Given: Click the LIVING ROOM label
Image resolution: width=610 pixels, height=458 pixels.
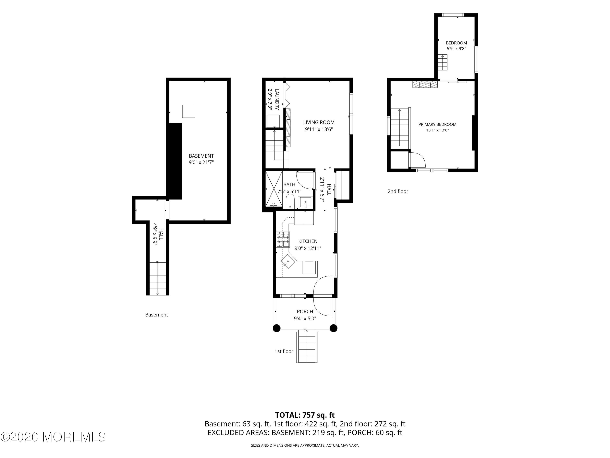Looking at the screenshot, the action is tap(319, 122).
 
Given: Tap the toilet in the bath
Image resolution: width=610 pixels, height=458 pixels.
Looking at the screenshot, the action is tap(290, 201).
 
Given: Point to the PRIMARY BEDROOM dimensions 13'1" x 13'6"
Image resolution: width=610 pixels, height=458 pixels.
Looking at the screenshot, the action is tap(437, 130).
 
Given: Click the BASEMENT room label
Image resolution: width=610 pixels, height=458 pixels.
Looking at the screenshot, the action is tap(201, 156).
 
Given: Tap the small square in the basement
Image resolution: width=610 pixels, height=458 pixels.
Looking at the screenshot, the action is tap(189, 111).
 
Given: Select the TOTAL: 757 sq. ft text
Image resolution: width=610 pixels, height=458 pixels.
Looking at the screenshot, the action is tap(305, 415).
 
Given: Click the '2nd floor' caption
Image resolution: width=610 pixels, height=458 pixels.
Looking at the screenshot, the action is tap(398, 191).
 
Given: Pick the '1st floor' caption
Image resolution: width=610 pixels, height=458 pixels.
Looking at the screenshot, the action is tap(284, 351).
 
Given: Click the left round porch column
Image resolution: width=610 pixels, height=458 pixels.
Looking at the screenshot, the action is tap(277, 328).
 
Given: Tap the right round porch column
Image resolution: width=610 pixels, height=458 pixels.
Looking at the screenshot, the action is tap(334, 328).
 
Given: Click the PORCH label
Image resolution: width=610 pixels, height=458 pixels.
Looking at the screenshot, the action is tap(305, 311).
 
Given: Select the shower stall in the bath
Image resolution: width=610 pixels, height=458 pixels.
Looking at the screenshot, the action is tap(274, 189).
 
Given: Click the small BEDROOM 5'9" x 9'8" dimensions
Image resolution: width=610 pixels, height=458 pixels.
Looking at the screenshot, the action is tap(456, 49).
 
